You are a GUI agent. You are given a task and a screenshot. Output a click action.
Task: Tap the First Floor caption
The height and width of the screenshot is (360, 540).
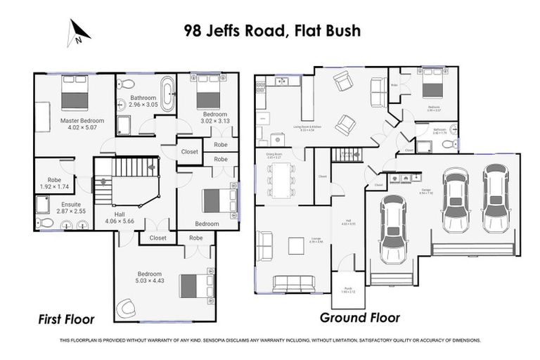coord(65,319)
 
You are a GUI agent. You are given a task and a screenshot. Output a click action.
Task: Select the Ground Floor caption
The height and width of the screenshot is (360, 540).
coord(359,317)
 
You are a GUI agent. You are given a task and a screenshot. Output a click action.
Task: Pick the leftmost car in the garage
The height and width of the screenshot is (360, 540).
coord(392,229)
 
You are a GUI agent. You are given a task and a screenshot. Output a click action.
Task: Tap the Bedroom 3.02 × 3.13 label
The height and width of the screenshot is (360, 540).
coord(214,117)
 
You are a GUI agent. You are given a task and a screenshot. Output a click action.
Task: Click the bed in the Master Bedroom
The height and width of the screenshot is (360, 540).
coord(75,93)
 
